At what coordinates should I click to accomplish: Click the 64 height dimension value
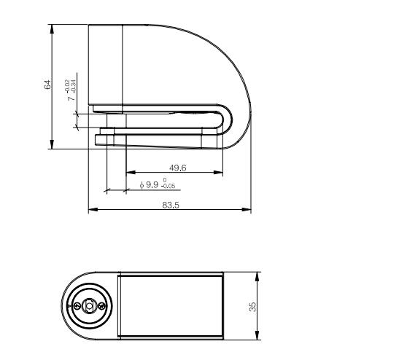47,85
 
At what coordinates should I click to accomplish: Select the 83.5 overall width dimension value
171,206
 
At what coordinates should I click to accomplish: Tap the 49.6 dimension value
177,168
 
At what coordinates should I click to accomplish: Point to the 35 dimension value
252,307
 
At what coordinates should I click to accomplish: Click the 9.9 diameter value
152,185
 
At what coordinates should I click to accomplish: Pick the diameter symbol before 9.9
142,185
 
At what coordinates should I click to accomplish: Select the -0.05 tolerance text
168,186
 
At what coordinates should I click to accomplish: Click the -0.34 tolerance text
74,87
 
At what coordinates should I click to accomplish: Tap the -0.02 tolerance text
67,87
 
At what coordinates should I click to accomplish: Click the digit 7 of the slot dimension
71,98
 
